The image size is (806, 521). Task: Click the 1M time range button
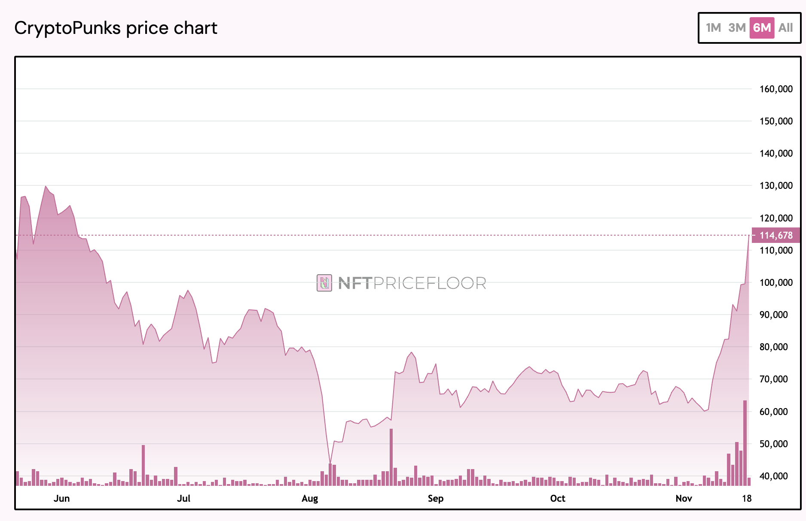(713, 28)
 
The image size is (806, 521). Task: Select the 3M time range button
(737, 28)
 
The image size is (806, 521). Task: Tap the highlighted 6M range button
(762, 28)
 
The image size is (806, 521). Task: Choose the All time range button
(785, 28)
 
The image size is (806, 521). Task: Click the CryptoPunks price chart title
(116, 28)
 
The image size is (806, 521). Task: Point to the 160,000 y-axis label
(776, 89)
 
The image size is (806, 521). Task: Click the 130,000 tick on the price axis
(776, 185)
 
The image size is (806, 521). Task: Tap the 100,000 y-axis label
(776, 282)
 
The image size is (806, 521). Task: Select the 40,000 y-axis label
(776, 476)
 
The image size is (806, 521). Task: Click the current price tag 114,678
(776, 235)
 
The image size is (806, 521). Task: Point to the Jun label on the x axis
(61, 498)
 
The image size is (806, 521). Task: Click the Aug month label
(310, 498)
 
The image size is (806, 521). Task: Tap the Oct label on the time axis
(558, 498)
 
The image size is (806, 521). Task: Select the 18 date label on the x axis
(747, 498)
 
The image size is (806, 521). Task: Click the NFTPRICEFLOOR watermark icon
(324, 283)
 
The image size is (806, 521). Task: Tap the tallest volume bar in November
(745, 442)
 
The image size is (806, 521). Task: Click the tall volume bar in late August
(391, 457)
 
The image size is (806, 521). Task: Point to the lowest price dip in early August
(330, 463)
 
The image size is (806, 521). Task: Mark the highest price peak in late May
(46, 186)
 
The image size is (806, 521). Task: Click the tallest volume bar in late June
(143, 465)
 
